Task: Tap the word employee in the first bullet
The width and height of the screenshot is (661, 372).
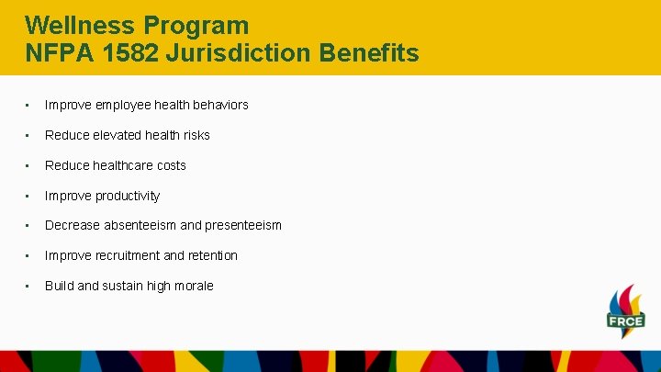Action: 119,105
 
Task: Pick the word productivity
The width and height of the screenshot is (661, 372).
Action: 128,196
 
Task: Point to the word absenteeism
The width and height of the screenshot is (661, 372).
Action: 141,225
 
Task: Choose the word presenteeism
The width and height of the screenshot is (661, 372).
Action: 242,225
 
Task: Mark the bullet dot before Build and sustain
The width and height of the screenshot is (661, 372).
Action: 30,286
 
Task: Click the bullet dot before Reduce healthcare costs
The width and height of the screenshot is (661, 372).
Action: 30,165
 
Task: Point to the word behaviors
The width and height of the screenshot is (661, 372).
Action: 219,105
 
